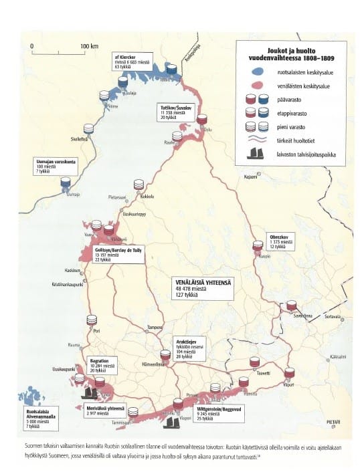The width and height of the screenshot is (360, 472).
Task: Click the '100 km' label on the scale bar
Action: [x=89, y=46]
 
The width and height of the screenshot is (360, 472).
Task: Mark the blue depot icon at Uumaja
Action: [x=66, y=182]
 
